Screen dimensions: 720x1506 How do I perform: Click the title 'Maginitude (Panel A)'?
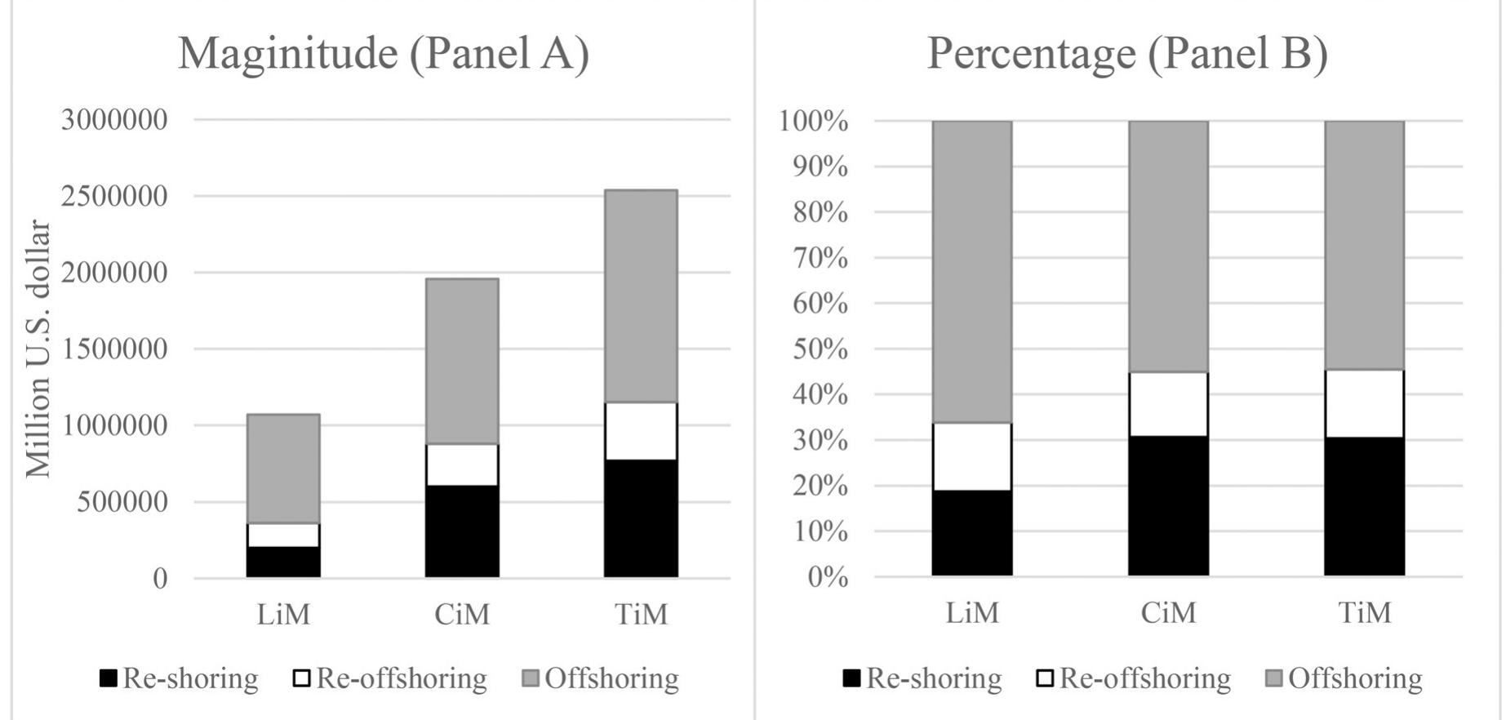click(x=384, y=54)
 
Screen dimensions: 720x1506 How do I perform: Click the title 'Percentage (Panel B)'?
click(x=1127, y=54)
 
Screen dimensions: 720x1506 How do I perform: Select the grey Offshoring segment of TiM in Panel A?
click(x=641, y=296)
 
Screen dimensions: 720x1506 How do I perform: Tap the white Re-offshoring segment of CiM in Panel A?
click(x=462, y=464)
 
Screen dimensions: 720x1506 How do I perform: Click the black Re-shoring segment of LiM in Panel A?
click(x=283, y=562)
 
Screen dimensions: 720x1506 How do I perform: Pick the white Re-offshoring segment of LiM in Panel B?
click(x=971, y=456)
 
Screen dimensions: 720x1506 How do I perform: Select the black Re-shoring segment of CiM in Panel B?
click(x=1168, y=506)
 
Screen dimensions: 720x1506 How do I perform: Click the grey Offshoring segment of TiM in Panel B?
click(x=1364, y=245)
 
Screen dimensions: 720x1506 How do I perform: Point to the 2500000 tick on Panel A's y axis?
click(x=114, y=196)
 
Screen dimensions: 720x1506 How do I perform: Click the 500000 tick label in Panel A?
click(x=122, y=502)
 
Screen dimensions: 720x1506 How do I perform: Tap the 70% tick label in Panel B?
click(x=821, y=258)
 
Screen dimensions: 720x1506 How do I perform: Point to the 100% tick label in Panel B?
click(x=814, y=121)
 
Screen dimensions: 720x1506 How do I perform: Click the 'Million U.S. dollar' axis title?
click(x=38, y=349)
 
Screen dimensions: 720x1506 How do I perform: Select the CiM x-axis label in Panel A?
click(x=462, y=614)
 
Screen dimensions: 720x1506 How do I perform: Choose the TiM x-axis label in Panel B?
click(x=1364, y=612)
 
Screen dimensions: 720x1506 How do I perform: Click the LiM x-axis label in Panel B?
click(x=971, y=612)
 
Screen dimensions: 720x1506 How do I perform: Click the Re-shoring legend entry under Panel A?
click(x=180, y=678)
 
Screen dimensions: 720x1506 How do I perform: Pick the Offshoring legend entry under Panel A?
click(x=602, y=678)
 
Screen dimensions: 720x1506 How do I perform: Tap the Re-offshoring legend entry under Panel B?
click(x=1135, y=678)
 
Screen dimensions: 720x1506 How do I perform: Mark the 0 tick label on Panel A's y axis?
click(x=160, y=579)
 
